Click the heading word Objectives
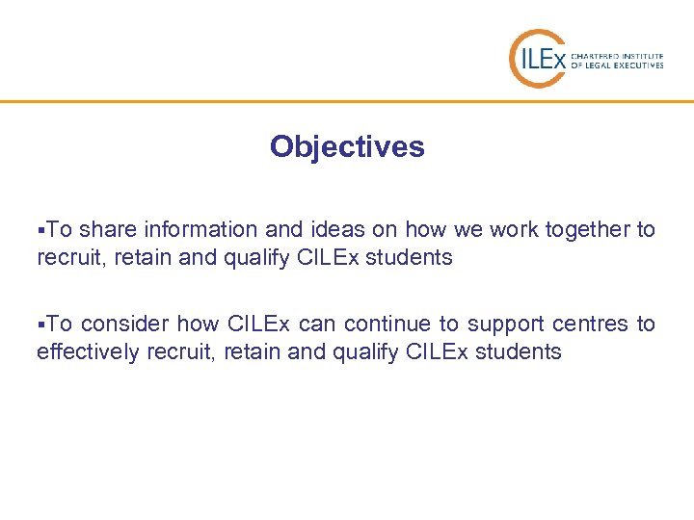pos(347,146)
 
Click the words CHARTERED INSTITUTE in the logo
pos(617,55)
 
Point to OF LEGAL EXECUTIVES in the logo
pos(617,65)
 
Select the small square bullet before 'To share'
pos(40,230)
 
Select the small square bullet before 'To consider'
pos(40,325)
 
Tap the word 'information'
pos(200,230)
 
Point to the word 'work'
pos(514,230)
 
